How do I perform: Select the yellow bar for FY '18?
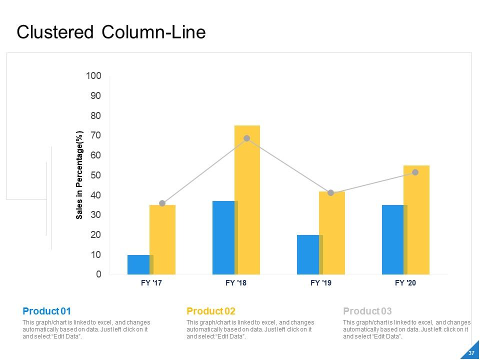click(247, 200)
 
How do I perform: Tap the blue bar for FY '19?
click(308, 254)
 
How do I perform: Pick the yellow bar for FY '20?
click(416, 220)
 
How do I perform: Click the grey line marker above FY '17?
click(162, 203)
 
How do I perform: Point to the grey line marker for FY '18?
click(246, 138)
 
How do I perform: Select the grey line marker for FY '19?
click(330, 193)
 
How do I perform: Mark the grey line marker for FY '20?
click(415, 172)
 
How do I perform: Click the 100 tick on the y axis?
click(93, 76)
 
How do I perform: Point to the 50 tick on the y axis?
click(95, 175)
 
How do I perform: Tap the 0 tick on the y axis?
click(98, 274)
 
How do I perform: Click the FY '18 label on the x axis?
click(236, 283)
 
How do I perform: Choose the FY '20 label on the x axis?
click(405, 283)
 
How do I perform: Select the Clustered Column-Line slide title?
click(111, 32)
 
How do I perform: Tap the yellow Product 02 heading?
click(210, 311)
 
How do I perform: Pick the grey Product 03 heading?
click(367, 311)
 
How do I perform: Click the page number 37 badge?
click(471, 353)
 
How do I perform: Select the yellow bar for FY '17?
click(162, 239)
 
